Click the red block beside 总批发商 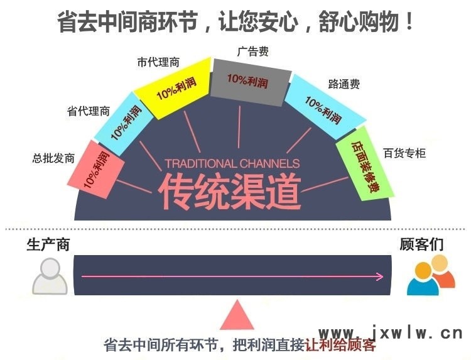pos(96,169)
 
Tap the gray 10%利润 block pos(251,82)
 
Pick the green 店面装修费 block pos(365,163)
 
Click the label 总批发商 pos(53,158)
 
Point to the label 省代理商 pos(89,111)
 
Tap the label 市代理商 pos(158,62)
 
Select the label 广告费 pos(252,52)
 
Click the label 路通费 pos(344,84)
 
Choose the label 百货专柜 pos(404,153)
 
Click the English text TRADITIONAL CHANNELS pos(232,163)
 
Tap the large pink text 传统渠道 pos(230,192)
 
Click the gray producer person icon pos(50,276)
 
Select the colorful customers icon pos(431,275)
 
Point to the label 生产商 pos(48,244)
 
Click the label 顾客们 pos(421,244)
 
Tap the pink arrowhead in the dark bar pos(379,276)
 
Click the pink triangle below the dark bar pos(237,315)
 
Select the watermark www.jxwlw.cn pos(391,333)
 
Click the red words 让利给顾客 pos(340,346)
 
